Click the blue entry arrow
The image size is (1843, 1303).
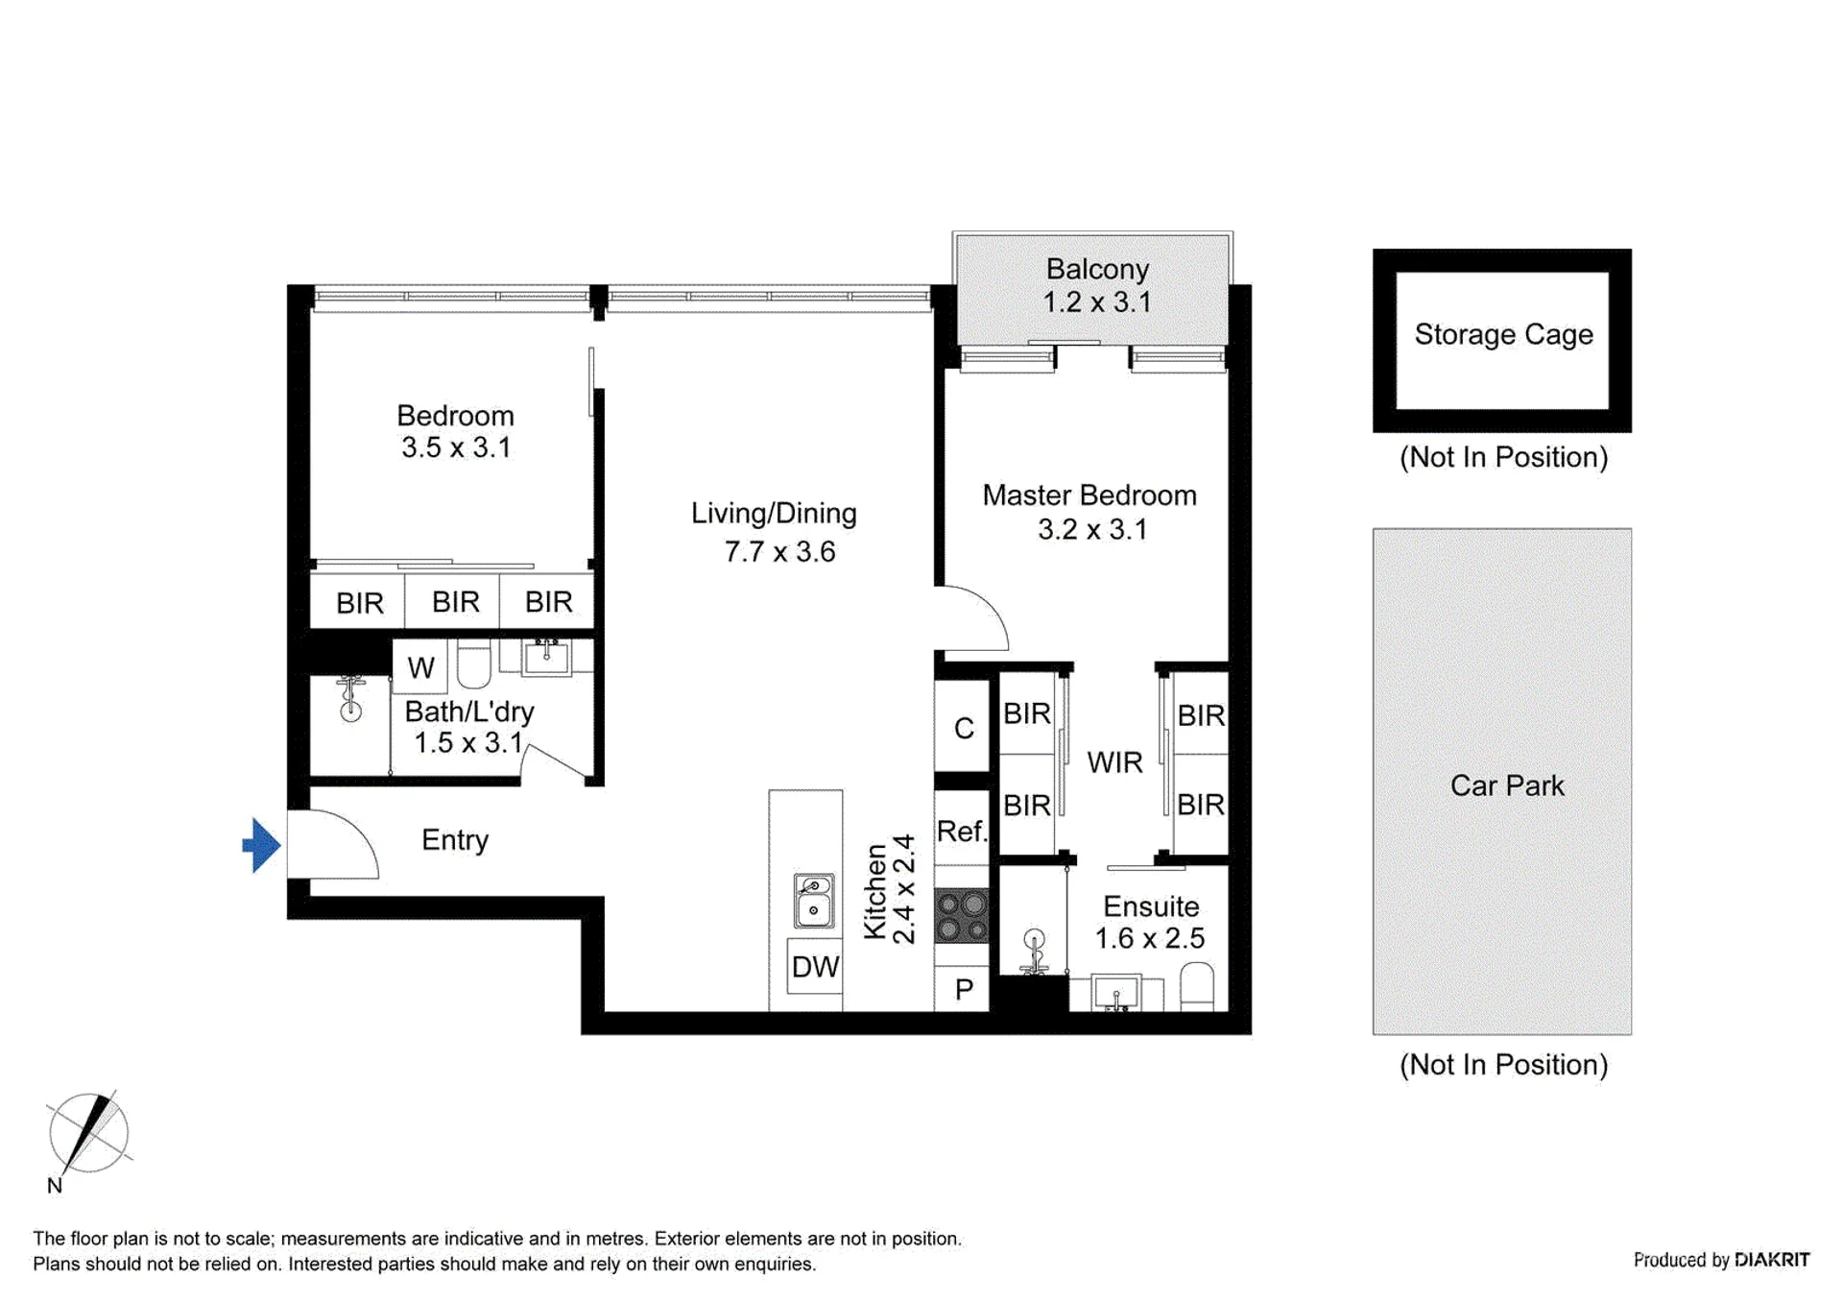(x=262, y=845)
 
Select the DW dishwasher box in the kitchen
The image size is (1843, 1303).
(x=815, y=966)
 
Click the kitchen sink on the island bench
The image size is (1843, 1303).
(x=813, y=901)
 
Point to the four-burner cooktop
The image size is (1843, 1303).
(x=961, y=916)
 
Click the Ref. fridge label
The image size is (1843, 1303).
(x=961, y=831)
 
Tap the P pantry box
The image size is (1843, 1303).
(x=962, y=989)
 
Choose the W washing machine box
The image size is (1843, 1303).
(x=420, y=666)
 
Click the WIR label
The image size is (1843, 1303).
(x=1114, y=762)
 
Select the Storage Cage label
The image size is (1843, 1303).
(x=1503, y=334)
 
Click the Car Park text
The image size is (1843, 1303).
(x=1507, y=785)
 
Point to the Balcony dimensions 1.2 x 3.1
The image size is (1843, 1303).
(x=1097, y=302)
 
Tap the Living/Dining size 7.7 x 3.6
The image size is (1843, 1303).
(x=779, y=551)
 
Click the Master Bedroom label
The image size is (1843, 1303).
(x=1089, y=495)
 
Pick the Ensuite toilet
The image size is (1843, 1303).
(x=1196, y=988)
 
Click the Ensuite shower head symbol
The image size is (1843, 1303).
(x=1034, y=951)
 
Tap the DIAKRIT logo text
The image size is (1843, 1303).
(x=1771, y=1259)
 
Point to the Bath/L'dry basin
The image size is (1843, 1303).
(x=546, y=658)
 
